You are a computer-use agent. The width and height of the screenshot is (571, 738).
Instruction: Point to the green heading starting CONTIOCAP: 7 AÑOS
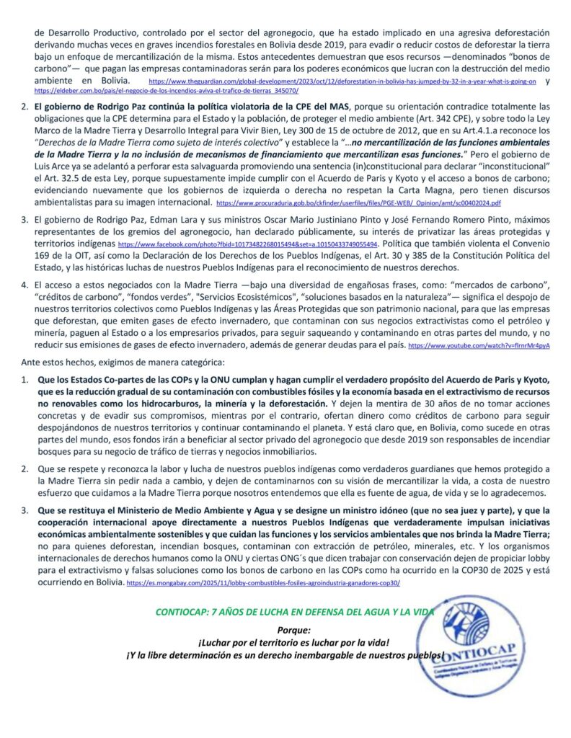tap(296, 612)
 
